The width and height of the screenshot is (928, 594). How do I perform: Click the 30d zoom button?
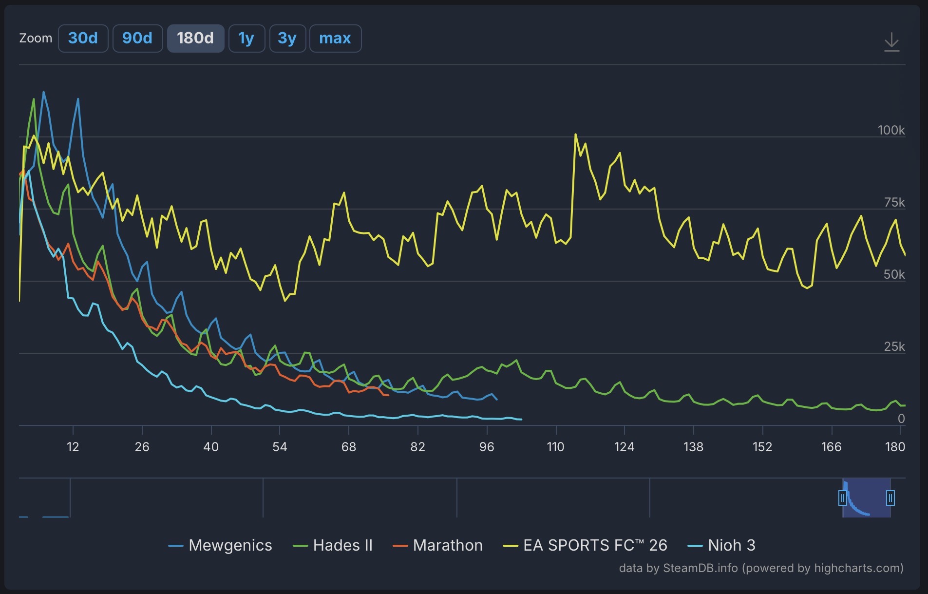pyautogui.click(x=83, y=38)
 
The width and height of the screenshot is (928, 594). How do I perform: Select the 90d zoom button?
pyautogui.click(x=137, y=38)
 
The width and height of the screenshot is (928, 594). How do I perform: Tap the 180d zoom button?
pyautogui.click(x=195, y=38)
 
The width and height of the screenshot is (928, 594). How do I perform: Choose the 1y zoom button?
pyautogui.click(x=246, y=38)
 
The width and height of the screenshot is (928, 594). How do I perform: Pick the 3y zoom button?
pyautogui.click(x=287, y=38)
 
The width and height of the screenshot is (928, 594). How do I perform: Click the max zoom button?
pyautogui.click(x=335, y=38)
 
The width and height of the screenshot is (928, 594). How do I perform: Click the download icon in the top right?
pyautogui.click(x=891, y=42)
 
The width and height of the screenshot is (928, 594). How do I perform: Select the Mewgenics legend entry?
pyautogui.click(x=220, y=545)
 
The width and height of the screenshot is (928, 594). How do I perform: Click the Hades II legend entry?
pyautogui.click(x=333, y=545)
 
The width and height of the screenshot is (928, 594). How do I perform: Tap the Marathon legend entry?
pyautogui.click(x=438, y=545)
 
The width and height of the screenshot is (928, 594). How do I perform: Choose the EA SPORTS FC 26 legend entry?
pyautogui.click(x=585, y=545)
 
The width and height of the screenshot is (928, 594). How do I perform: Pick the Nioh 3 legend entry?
pyautogui.click(x=721, y=545)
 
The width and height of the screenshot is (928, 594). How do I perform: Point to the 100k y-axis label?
pyautogui.click(x=891, y=130)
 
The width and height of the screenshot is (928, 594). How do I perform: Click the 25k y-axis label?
pyautogui.click(x=894, y=346)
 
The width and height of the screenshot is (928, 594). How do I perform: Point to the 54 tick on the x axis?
pyautogui.click(x=280, y=447)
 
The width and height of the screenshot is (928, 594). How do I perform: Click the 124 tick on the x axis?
pyautogui.click(x=624, y=447)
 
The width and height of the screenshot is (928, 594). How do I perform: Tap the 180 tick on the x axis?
pyautogui.click(x=895, y=447)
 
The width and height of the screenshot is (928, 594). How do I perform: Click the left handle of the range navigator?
pyautogui.click(x=843, y=498)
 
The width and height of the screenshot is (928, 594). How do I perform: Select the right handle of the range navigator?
pyautogui.click(x=890, y=498)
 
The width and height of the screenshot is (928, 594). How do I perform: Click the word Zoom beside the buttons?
pyautogui.click(x=36, y=38)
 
